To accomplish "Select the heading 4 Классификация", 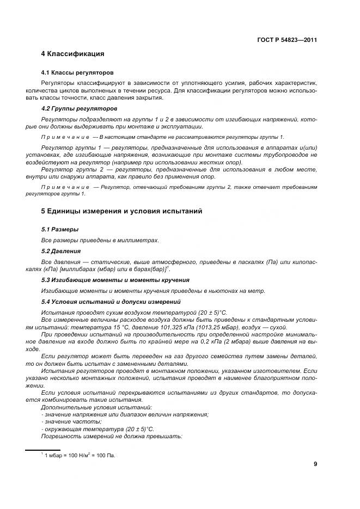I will (72, 54).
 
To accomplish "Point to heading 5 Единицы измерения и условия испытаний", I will (121, 211).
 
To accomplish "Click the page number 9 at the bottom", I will (315, 464).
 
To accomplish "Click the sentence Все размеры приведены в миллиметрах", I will (100, 240).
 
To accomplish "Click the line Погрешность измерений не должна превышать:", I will (112, 437).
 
